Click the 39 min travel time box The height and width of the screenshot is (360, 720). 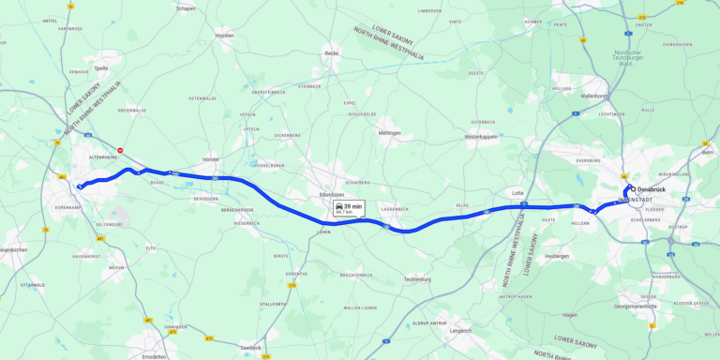[x=349, y=208]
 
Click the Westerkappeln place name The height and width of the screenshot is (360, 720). [x=481, y=137]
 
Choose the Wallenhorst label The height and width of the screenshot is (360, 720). [x=593, y=96]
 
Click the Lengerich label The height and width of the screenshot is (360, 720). [x=460, y=330]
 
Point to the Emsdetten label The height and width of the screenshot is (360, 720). [x=157, y=355]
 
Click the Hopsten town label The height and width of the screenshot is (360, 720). [x=224, y=35]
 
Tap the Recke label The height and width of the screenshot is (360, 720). [x=331, y=53]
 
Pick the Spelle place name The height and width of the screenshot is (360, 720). [x=102, y=67]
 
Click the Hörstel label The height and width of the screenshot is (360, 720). [x=210, y=159]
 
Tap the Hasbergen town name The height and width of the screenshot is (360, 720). [x=557, y=255]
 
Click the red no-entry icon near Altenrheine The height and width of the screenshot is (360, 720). [x=120, y=150]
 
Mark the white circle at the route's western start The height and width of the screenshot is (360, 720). [x=80, y=187]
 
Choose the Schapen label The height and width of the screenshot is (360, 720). [x=185, y=8]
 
